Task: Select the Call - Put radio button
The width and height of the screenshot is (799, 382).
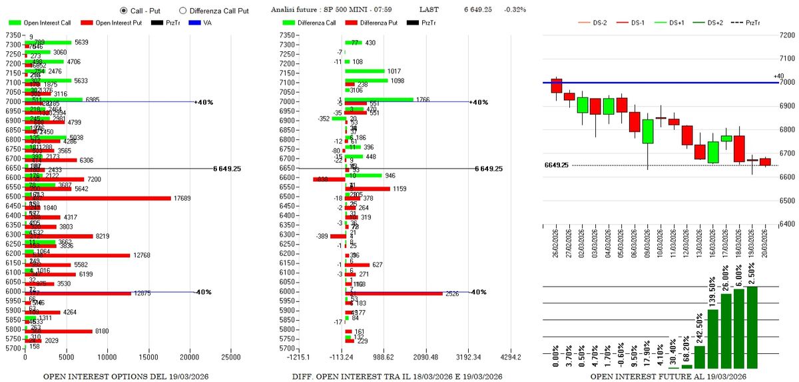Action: pos(124,11)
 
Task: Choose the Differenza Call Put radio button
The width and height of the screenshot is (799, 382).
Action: pos(183,11)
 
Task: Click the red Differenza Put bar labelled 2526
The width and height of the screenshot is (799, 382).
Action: pos(394,293)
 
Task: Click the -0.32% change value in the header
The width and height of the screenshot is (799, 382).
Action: pos(515,10)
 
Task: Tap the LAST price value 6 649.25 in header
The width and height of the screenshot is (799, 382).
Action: pos(483,10)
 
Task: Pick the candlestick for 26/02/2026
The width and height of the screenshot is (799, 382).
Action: pos(557,85)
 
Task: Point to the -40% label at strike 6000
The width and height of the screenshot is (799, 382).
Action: pos(202,292)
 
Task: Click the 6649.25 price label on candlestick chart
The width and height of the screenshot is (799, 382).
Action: pos(556,165)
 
